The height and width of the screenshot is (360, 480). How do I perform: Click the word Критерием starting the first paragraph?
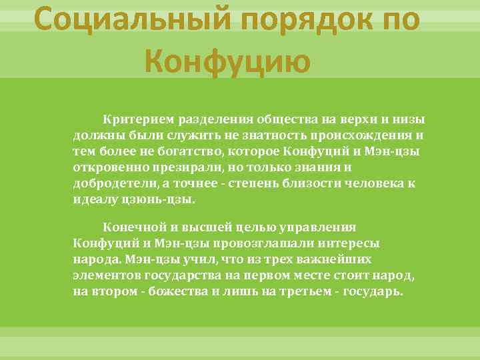[133, 119]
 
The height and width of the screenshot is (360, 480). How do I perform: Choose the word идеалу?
[93, 199]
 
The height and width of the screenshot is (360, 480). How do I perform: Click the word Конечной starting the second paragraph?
[130, 227]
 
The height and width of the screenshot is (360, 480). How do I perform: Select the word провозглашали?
[223, 243]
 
